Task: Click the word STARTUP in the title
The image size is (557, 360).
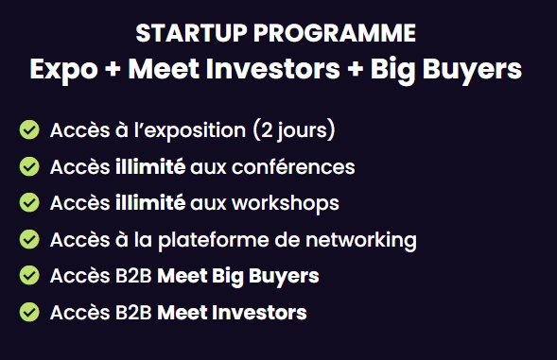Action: (x=191, y=33)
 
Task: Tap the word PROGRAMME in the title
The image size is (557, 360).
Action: (x=335, y=33)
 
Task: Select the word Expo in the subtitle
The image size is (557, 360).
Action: (x=63, y=70)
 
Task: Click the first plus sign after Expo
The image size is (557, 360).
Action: (x=113, y=69)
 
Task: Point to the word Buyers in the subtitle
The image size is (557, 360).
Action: (x=472, y=70)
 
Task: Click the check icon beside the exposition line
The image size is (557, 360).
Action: (x=29, y=130)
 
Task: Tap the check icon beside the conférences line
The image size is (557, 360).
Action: (x=29, y=166)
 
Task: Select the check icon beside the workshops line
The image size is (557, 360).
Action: (x=29, y=203)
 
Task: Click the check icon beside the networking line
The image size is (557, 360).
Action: (x=29, y=239)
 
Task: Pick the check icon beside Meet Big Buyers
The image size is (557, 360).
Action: (x=29, y=276)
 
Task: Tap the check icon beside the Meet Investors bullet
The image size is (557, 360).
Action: (x=29, y=312)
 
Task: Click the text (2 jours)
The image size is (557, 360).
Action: (x=294, y=130)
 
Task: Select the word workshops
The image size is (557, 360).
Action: (x=286, y=203)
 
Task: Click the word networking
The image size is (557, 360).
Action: (x=361, y=240)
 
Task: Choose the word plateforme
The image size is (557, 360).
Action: (x=214, y=240)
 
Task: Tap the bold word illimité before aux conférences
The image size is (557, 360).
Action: (x=150, y=166)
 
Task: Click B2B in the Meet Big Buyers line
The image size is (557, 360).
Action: (x=133, y=276)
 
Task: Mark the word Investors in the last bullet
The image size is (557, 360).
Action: (x=262, y=313)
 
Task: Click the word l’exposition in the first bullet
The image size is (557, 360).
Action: (x=190, y=130)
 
